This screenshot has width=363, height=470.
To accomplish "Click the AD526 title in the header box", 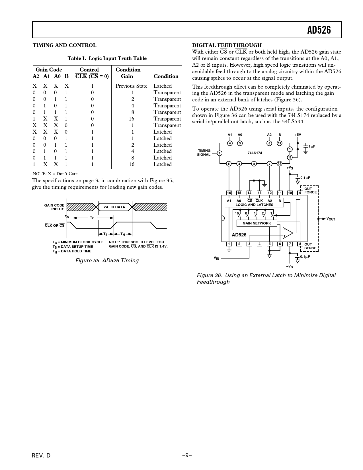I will click(x=319, y=30).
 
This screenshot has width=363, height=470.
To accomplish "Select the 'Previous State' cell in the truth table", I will click(x=131, y=86).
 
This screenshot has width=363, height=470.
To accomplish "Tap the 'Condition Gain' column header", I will click(x=128, y=73).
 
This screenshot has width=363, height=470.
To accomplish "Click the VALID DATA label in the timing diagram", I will click(x=114, y=207).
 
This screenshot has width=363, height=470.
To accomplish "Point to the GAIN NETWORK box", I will click(x=257, y=223).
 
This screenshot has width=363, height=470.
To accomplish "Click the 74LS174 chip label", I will click(x=255, y=153).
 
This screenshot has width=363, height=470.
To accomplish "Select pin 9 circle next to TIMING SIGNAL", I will click(x=220, y=153).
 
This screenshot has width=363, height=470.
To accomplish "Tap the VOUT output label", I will click(x=331, y=219).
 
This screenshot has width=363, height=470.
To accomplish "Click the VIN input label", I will click(x=216, y=258).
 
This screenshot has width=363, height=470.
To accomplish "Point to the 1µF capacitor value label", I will click(x=312, y=146).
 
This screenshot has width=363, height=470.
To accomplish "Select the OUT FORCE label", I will click(x=310, y=191).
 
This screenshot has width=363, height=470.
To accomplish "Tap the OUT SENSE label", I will click(x=310, y=246).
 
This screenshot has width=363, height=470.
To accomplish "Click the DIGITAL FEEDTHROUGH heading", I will click(x=227, y=45).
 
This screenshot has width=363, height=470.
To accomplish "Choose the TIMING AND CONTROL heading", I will click(x=64, y=45).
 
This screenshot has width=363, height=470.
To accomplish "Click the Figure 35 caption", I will click(x=107, y=261).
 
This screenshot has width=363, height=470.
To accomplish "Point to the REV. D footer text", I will click(x=41, y=455).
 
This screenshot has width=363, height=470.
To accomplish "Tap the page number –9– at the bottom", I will click(x=187, y=455).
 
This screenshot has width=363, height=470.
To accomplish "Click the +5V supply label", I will click(x=298, y=135).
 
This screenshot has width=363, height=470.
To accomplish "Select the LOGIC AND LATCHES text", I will click(x=254, y=205).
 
